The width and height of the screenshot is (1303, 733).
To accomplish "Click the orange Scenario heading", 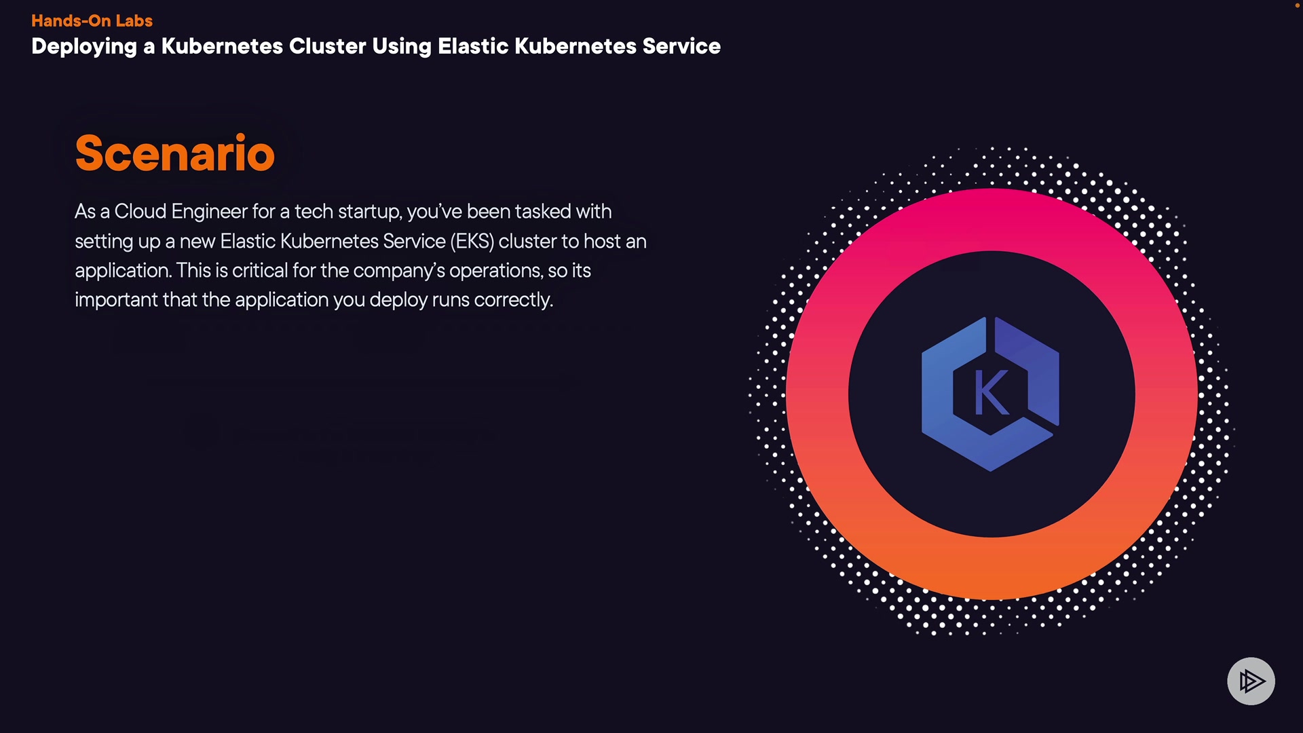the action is click(x=174, y=153).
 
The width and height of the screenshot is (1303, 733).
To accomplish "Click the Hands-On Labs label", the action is click(x=92, y=20).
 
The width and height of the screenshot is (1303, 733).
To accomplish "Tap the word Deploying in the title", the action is click(x=84, y=46).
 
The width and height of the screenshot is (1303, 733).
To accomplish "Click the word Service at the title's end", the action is click(x=681, y=46).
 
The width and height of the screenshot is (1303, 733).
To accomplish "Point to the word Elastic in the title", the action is click(x=473, y=46).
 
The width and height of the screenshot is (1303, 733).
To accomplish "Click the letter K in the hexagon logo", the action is click(x=991, y=393).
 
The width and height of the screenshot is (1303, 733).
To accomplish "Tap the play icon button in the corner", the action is click(x=1251, y=681).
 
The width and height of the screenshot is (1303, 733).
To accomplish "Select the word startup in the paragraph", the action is click(x=370, y=212).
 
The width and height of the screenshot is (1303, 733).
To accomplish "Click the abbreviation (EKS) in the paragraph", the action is click(x=472, y=242).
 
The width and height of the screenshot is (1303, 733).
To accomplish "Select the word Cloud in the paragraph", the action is click(x=140, y=212).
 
